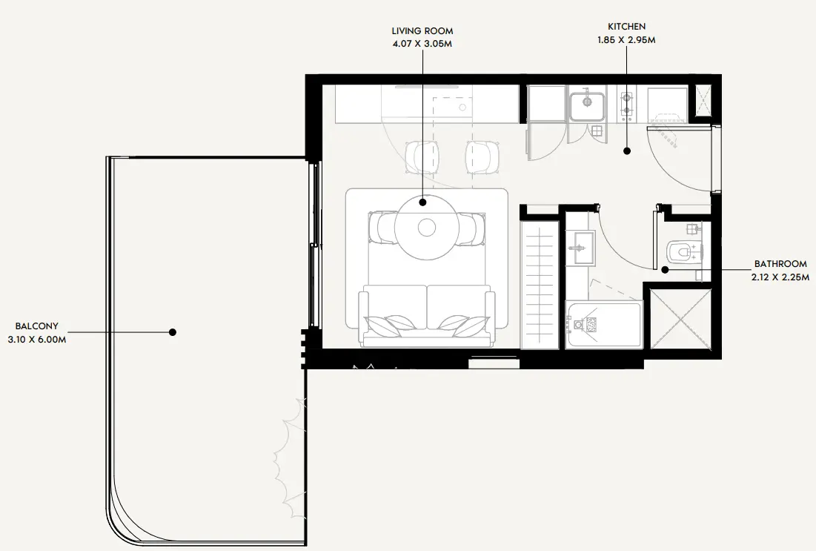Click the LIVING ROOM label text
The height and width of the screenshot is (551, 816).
pyautogui.click(x=422, y=31)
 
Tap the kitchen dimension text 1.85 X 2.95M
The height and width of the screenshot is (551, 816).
pyautogui.click(x=626, y=39)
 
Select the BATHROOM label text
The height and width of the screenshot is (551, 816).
pyautogui.click(x=780, y=264)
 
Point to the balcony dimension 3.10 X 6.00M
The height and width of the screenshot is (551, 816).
pyautogui.click(x=37, y=340)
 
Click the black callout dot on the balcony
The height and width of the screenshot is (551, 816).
pyautogui.click(x=173, y=332)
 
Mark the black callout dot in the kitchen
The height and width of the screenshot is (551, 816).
pyautogui.click(x=627, y=151)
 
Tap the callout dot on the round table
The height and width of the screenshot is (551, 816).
pyautogui.click(x=422, y=202)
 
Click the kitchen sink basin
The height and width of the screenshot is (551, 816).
pyautogui.click(x=586, y=107)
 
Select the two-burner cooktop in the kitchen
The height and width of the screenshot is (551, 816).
pyautogui.click(x=626, y=103)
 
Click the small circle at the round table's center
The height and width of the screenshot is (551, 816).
pyautogui.click(x=427, y=227)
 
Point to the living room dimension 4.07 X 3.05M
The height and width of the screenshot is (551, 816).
pyautogui.click(x=422, y=44)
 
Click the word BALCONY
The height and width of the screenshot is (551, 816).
pyautogui.click(x=37, y=326)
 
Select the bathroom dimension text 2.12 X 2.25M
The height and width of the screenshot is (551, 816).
pyautogui.click(x=780, y=277)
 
